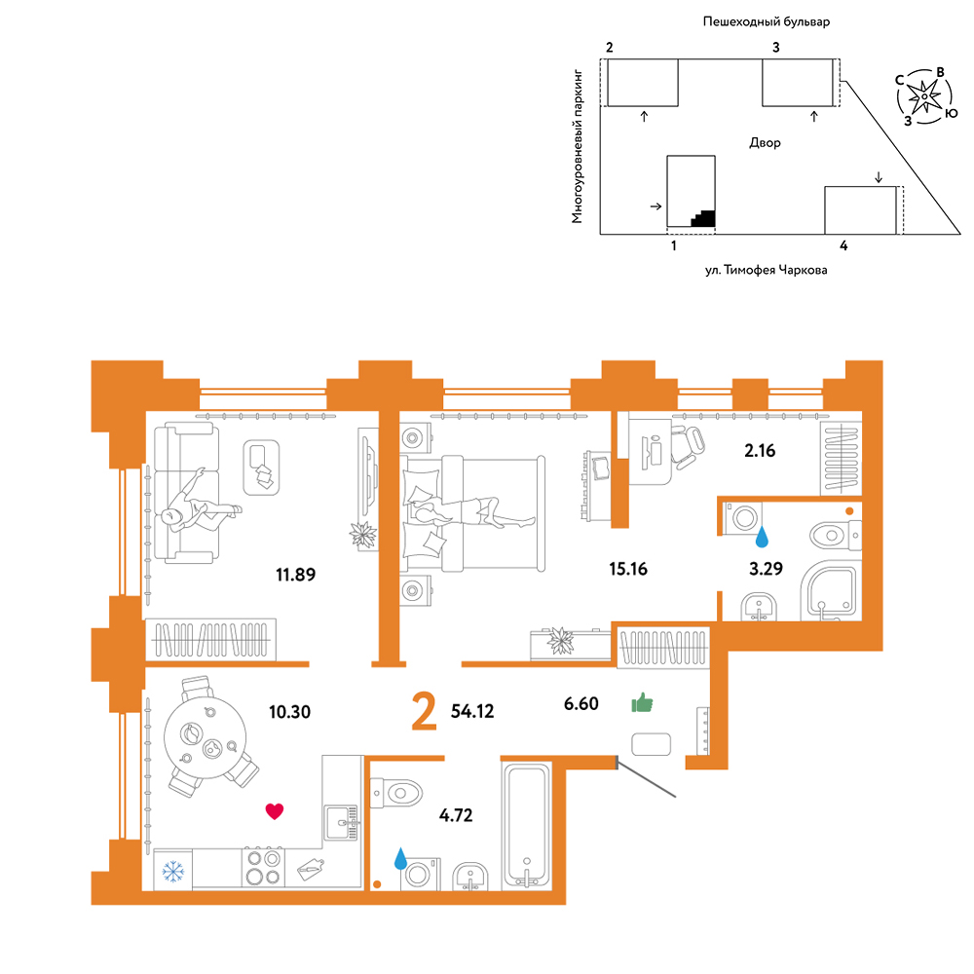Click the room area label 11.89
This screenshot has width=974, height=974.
click(x=296, y=575)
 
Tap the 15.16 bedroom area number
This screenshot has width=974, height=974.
click(x=628, y=569)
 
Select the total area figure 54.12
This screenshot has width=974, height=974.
click(x=472, y=711)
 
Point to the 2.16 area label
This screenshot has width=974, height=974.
click(x=760, y=450)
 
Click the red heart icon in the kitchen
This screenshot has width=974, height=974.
click(x=275, y=811)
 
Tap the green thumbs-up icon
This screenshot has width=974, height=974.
click(x=642, y=703)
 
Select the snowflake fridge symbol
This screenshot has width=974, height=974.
click(x=173, y=871)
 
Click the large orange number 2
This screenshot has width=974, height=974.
click(x=425, y=713)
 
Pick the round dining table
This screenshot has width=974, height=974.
click(x=205, y=737)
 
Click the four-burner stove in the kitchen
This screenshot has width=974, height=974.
click(x=263, y=867)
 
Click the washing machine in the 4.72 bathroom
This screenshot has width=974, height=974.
click(x=420, y=875)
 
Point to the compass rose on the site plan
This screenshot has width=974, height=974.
click(x=925, y=96)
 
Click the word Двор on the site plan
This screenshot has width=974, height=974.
click(x=765, y=143)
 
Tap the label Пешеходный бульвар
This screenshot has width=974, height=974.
click(x=766, y=21)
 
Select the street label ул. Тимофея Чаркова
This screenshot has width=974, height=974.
click(x=766, y=270)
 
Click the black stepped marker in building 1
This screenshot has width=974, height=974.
click(x=703, y=218)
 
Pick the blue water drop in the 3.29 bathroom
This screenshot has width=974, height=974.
click(x=762, y=537)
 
